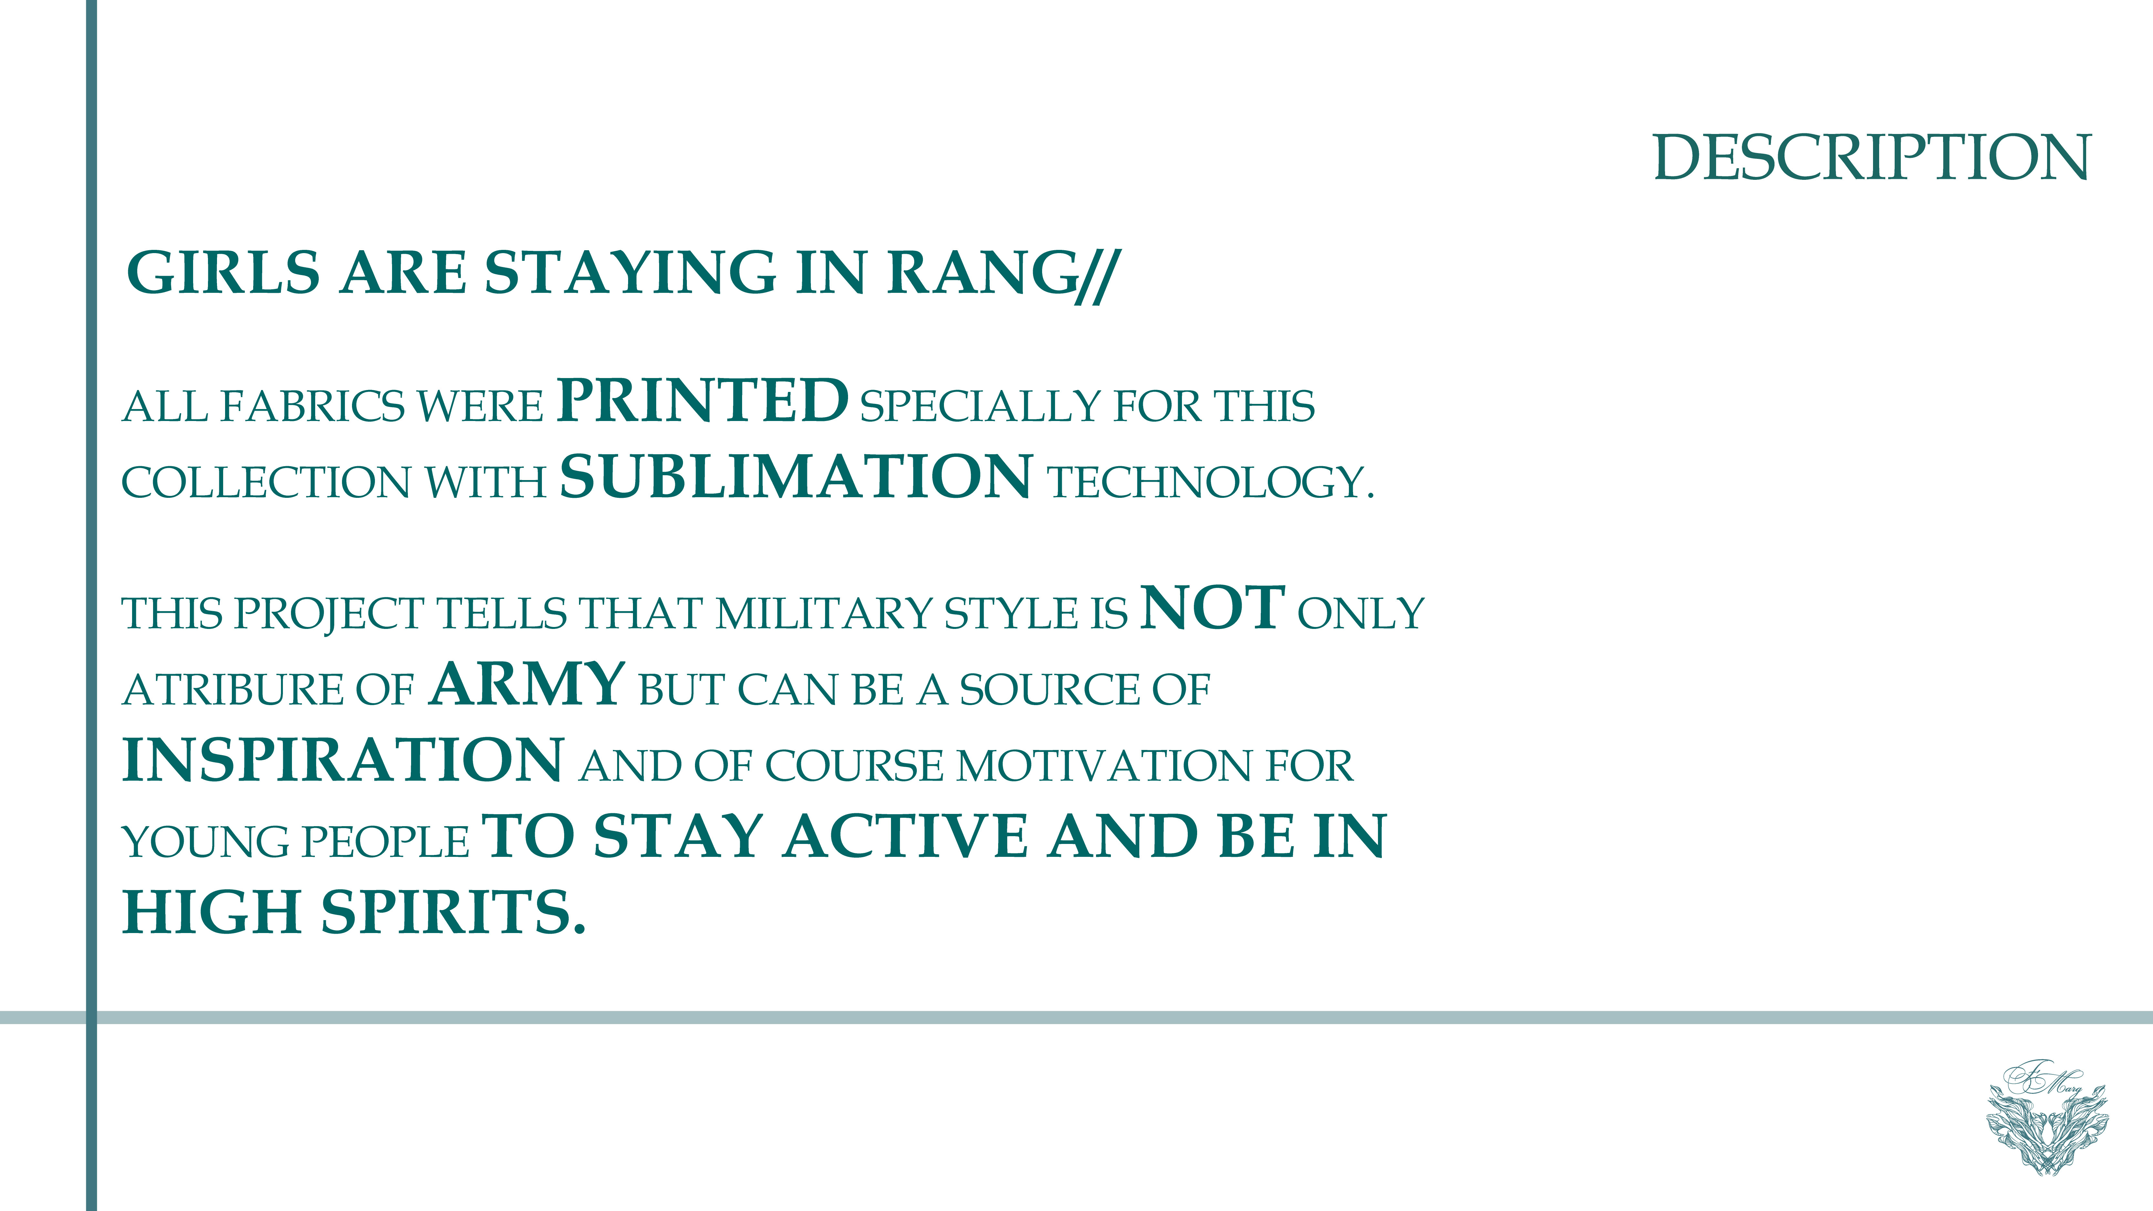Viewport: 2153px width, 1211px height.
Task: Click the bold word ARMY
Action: click(527, 684)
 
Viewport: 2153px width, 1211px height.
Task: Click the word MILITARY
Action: click(823, 614)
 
